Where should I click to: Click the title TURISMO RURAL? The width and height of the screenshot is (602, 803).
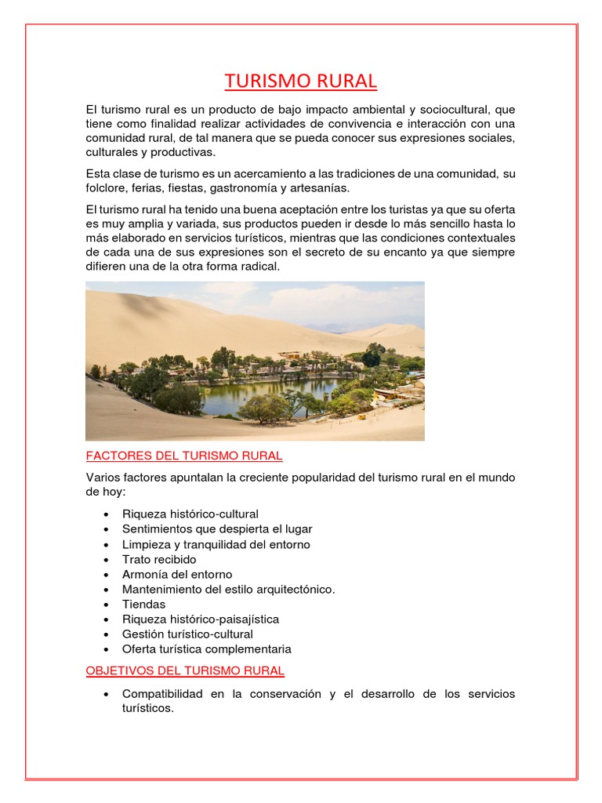pos(301,81)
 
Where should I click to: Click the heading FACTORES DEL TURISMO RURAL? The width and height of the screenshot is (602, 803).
pos(184,456)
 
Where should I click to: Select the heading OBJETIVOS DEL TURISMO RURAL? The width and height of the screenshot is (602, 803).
pos(185,670)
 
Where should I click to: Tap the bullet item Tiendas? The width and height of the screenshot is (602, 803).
pos(143,605)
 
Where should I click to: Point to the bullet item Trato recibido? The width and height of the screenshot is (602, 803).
pos(159,559)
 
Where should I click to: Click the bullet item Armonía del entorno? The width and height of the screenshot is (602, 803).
pos(177,574)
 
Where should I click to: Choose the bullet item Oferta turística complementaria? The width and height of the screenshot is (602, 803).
pos(207,649)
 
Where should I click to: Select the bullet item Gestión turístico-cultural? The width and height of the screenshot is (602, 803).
pos(187,634)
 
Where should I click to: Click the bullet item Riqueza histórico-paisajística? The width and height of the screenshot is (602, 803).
pos(201,620)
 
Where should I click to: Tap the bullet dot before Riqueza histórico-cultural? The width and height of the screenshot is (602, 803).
pos(106,514)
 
